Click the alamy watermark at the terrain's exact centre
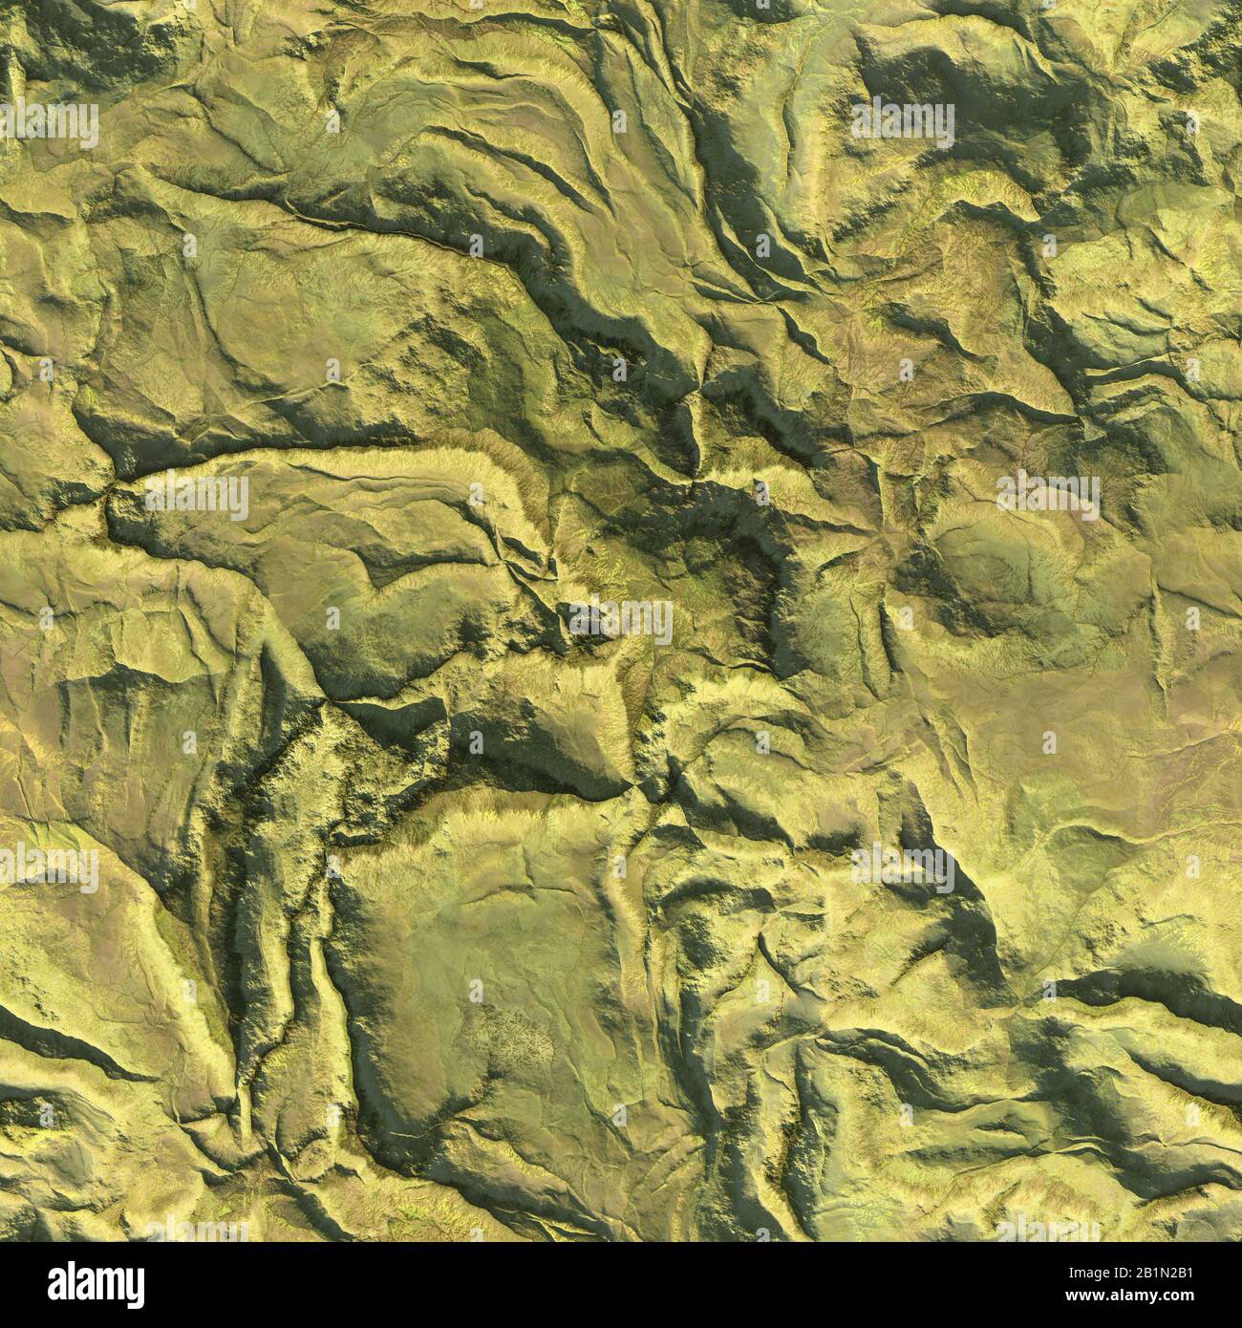coord(621,621)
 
